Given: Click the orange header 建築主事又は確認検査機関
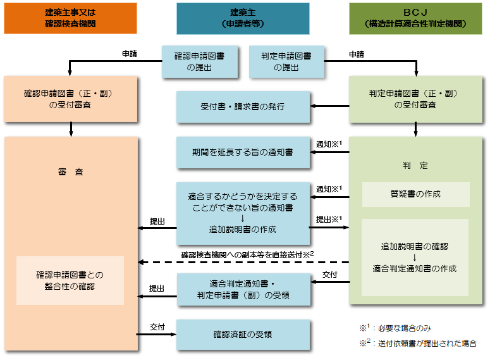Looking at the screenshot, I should (70, 18).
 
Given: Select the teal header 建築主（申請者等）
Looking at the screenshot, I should (243, 18).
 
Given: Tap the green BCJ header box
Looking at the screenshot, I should (415, 18).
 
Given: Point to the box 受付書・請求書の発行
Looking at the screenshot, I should (243, 106).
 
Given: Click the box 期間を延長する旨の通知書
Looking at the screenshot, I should (243, 152).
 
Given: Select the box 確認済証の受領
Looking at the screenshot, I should (243, 335).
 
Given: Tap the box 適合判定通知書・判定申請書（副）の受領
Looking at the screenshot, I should (243, 289).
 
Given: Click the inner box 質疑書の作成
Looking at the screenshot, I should (415, 194).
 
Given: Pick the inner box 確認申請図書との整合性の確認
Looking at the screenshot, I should (70, 280).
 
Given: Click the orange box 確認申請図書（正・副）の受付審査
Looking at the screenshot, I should (70, 99).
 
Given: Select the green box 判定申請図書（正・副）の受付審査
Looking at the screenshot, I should (415, 99).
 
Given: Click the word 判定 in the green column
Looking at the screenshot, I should (415, 166).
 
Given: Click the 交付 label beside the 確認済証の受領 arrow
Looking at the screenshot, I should (157, 327).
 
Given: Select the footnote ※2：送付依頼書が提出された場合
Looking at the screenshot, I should (418, 344).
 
